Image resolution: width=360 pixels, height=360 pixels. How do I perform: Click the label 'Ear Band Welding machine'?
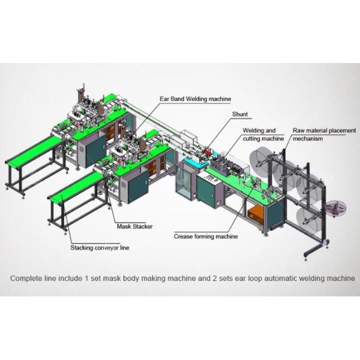pos(196,99)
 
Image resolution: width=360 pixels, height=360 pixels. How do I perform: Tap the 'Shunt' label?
pos(240,114)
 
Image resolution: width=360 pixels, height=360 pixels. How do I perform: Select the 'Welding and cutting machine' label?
pos(263,134)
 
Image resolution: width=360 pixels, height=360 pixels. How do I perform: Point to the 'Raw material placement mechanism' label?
pos(324,134)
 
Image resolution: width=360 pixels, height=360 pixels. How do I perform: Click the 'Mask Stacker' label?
pos(135,226)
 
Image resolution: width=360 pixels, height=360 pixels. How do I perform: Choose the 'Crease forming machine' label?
pos(206,236)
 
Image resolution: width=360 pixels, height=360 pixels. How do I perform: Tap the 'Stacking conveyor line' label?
pos(100,248)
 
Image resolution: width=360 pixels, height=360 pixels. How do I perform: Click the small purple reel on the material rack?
pos(336,208)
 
